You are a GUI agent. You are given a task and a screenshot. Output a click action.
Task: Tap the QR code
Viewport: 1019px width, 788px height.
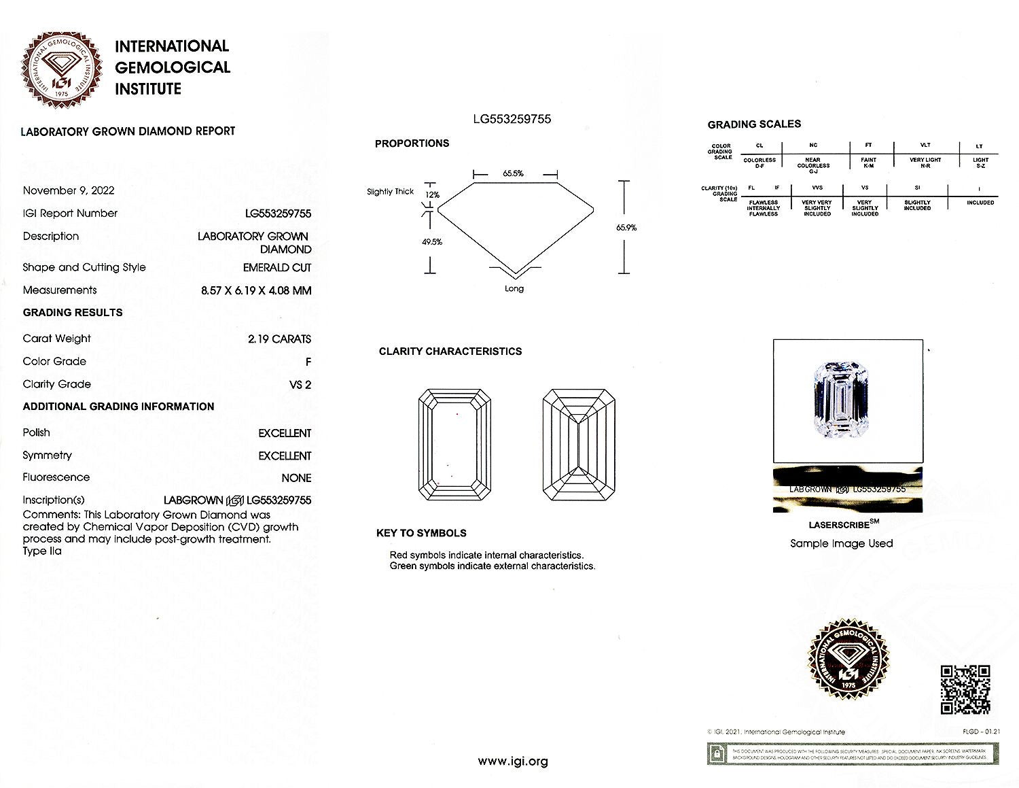pos(965,690)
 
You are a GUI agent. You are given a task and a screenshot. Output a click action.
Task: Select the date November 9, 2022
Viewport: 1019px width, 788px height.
pos(69,190)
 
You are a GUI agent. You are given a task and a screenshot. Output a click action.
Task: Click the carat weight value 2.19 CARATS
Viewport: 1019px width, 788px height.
pos(279,339)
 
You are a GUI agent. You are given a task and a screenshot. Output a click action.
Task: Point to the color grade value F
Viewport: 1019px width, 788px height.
pos(308,362)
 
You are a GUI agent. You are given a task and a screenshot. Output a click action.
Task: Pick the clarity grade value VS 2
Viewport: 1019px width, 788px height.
pos(300,385)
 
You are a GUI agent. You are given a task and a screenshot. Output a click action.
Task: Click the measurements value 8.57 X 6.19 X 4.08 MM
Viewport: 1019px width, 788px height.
pos(256,290)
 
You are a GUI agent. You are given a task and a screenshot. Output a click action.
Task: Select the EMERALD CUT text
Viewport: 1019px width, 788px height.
pos(276,268)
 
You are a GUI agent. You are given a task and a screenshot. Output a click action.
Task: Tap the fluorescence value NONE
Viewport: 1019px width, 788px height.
pos(296,478)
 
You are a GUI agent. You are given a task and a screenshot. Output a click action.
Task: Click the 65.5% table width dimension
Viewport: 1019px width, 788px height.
pos(514,173)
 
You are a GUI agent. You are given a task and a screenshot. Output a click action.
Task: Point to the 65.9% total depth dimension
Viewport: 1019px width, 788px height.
pos(626,228)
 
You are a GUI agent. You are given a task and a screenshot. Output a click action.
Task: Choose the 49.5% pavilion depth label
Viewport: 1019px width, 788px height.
pos(432,241)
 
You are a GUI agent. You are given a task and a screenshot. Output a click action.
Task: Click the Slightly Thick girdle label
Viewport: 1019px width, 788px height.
pos(390,192)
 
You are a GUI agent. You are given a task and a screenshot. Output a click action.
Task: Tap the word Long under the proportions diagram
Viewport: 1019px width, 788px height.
pos(514,289)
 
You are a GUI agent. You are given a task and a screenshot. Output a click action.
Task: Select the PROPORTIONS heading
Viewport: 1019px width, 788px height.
pos(412,143)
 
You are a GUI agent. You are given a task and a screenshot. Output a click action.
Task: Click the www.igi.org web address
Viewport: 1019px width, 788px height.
pos(513,761)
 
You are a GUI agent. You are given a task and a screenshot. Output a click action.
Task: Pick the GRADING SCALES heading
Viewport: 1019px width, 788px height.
pos(754,124)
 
